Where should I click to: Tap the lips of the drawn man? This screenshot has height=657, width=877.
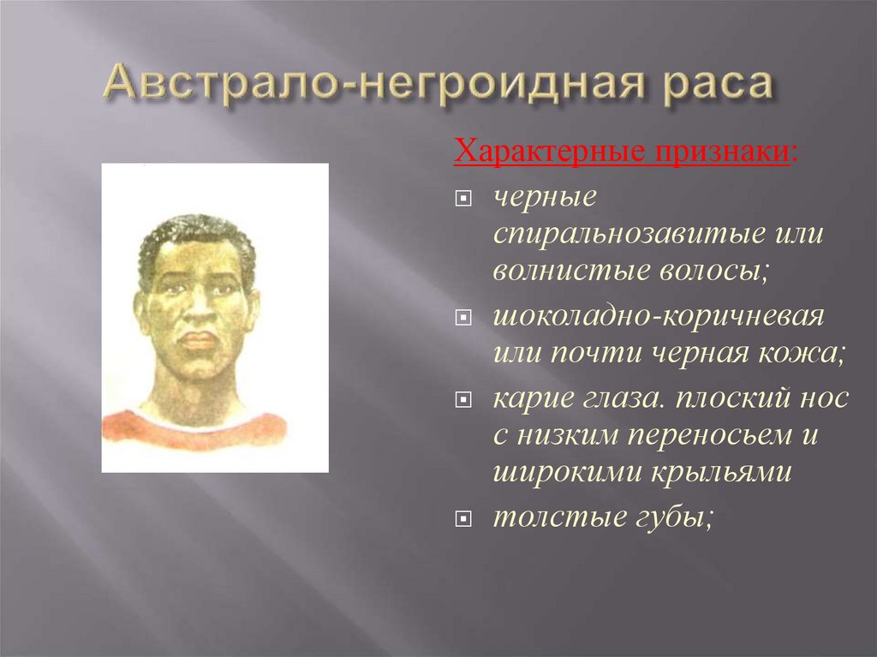196,340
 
